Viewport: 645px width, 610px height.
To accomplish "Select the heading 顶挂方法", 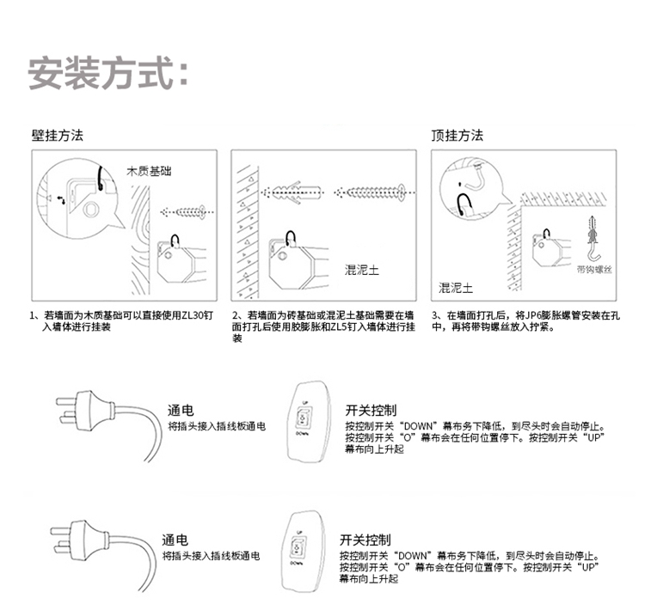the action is click(457, 136).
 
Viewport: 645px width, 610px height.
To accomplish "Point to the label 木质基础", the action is click(148, 171).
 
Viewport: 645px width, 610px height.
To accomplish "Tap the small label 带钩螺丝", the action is click(593, 270).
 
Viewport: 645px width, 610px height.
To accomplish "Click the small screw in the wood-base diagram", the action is click(186, 210).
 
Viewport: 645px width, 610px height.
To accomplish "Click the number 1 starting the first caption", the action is click(33, 315).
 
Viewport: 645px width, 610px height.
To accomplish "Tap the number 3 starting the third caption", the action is click(435, 315).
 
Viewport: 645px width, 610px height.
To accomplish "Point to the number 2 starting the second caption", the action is click(236, 315).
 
